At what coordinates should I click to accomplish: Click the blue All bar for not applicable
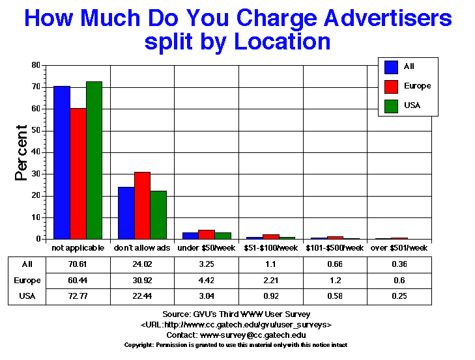[62, 163]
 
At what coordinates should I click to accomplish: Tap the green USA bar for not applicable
[94, 160]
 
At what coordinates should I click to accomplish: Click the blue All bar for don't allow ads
[126, 213]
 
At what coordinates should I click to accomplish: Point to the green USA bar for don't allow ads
[159, 215]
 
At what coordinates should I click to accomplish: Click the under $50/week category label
[207, 248]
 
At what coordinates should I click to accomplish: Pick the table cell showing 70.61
[78, 264]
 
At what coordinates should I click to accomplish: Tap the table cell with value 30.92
[143, 281]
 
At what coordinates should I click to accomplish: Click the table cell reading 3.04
[207, 297]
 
